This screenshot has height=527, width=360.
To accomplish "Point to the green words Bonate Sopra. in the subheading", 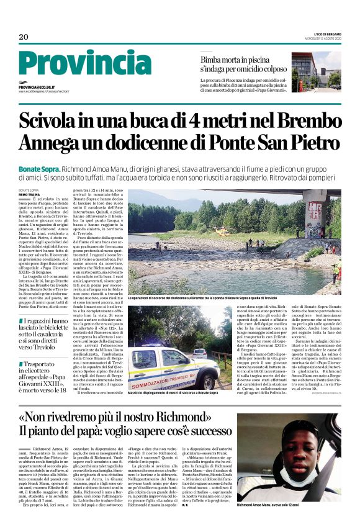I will click(40, 169).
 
